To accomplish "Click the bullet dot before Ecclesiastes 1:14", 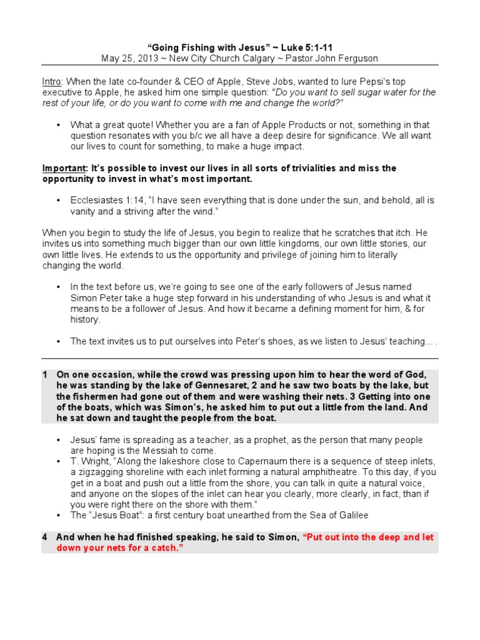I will pos(58,200).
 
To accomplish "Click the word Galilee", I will pos(352,515).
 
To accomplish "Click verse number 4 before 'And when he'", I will pos(45,537).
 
